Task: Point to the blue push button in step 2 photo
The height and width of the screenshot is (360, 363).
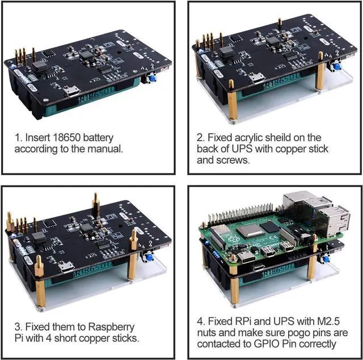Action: [x=337, y=66]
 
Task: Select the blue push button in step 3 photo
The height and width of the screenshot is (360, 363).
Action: [x=150, y=257]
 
